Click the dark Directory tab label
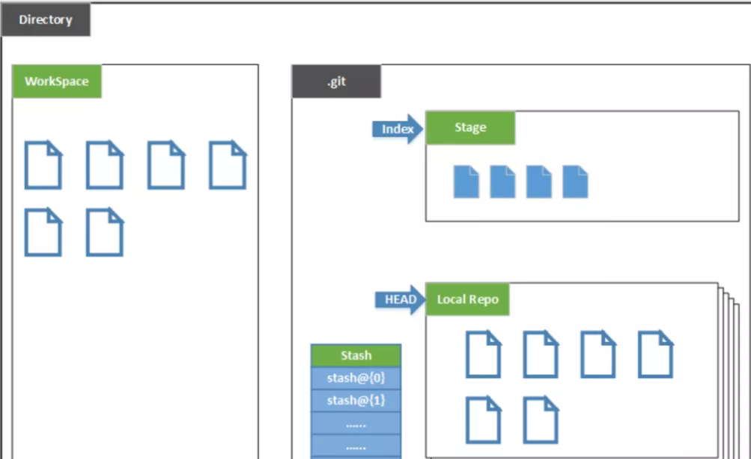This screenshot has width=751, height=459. (x=45, y=20)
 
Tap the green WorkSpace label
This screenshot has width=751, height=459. (x=57, y=82)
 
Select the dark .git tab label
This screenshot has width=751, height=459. (x=336, y=82)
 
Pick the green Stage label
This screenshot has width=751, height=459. (x=470, y=128)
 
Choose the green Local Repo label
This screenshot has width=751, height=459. (x=468, y=300)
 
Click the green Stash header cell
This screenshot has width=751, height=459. (x=356, y=355)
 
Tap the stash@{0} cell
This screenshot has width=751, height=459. (x=356, y=378)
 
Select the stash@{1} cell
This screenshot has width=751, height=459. (x=356, y=400)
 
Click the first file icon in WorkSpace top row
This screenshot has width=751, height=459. (x=43, y=165)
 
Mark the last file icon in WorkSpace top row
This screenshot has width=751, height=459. (x=228, y=165)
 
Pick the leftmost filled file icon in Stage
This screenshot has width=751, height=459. (x=466, y=181)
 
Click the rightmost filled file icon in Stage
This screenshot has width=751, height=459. (x=575, y=181)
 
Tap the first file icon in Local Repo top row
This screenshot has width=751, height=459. (x=484, y=355)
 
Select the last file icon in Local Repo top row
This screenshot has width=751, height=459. (x=655, y=355)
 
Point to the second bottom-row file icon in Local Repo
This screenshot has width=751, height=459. (x=541, y=420)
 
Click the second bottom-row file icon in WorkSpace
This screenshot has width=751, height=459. (x=105, y=233)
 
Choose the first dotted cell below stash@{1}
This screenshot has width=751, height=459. (x=356, y=424)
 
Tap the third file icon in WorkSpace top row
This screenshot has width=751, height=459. (x=166, y=165)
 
